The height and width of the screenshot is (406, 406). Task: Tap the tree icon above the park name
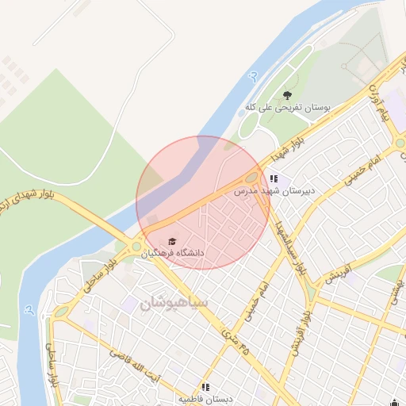point(287,94)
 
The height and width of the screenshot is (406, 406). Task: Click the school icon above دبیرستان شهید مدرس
point(274,180)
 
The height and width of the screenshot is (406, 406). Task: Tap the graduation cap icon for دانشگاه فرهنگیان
point(172,240)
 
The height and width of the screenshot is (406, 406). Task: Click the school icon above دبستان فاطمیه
point(206,387)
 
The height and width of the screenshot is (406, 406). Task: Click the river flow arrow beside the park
point(253,76)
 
